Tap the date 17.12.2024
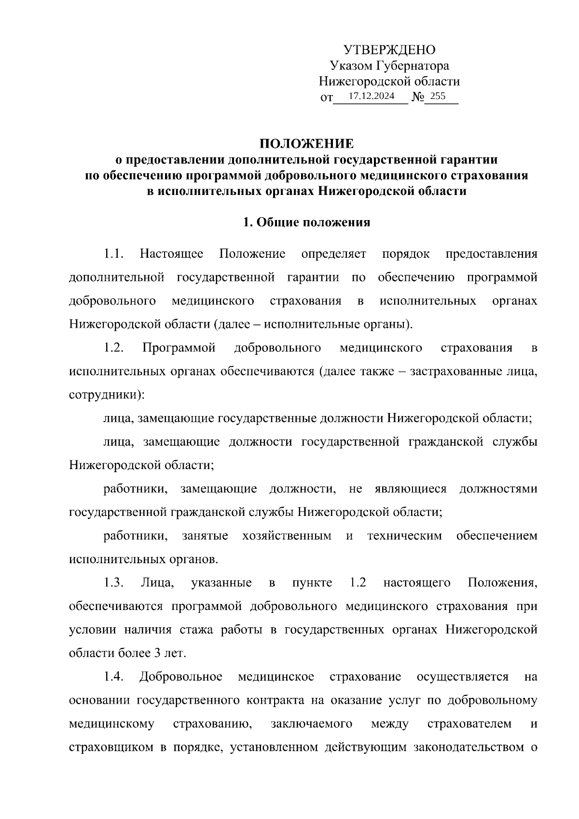click(371, 96)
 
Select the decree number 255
click(438, 96)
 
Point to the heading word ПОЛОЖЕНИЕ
click(307, 144)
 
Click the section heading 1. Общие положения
click(307, 222)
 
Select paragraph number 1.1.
click(114, 254)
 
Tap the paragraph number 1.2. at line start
click(114, 348)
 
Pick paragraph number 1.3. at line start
click(114, 583)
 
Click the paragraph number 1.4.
click(114, 677)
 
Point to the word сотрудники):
click(107, 395)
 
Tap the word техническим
click(404, 536)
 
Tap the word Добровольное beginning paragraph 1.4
click(181, 677)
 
